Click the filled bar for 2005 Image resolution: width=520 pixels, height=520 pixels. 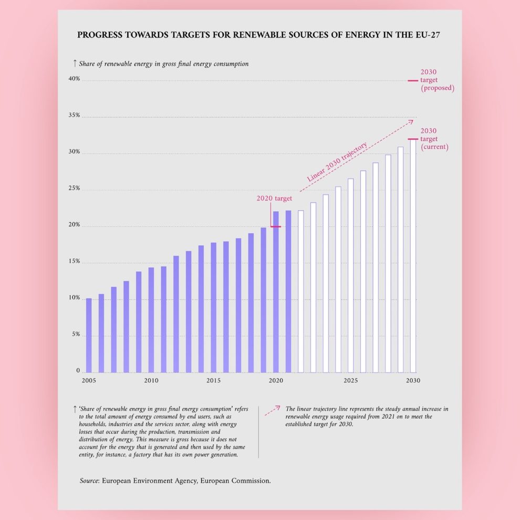point(89,335)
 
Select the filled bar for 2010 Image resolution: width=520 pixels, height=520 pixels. point(151,319)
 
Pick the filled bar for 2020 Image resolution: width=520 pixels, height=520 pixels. point(276,292)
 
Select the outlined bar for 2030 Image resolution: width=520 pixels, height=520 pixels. point(413,256)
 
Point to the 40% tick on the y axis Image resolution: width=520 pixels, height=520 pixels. point(73,79)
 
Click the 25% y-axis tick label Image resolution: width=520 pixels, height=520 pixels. point(73,189)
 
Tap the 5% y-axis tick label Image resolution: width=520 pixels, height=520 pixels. point(75,335)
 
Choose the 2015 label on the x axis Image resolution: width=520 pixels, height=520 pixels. point(213,380)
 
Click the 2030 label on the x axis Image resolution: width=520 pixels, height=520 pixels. point(413,380)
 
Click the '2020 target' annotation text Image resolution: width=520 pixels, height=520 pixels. point(274,199)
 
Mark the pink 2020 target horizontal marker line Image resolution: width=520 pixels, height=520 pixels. point(276,227)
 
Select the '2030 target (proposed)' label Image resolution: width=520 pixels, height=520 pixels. point(437,80)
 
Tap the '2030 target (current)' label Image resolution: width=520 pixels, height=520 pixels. point(434,139)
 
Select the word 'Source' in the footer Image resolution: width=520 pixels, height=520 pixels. point(89,480)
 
